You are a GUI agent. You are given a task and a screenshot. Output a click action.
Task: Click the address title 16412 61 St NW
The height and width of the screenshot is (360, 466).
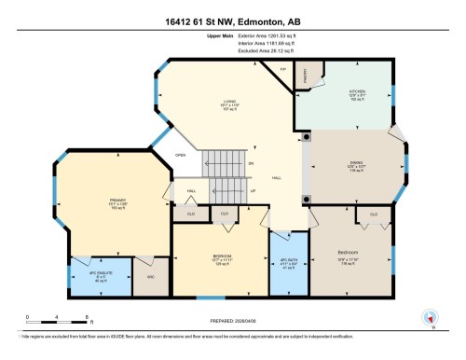pos(232,21)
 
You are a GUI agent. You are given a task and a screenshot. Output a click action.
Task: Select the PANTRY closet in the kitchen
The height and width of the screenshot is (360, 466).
pos(310,77)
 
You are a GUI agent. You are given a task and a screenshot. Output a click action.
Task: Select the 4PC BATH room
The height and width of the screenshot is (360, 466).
pos(286,263)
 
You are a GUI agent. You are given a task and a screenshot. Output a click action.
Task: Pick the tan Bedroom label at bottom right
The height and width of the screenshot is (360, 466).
pos(349,252)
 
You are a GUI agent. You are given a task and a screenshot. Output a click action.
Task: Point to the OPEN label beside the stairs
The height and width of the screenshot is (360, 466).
pos(180,156)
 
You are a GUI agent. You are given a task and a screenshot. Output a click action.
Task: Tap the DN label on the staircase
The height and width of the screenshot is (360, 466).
pos(251,164)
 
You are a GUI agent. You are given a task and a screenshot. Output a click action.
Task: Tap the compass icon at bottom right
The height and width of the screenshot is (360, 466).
pos(431,317)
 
